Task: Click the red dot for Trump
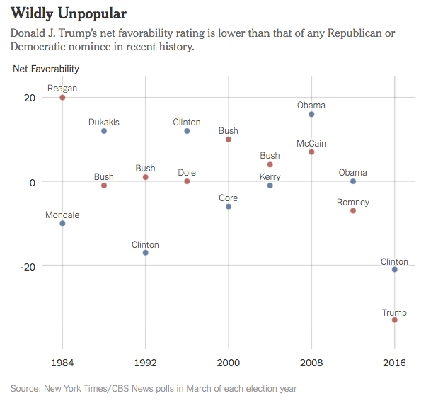(x=394, y=320)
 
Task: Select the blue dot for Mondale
(x=62, y=223)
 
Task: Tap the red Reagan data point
(x=62, y=97)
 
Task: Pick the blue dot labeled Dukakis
(x=104, y=131)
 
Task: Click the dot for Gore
(x=228, y=206)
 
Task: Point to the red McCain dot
(x=311, y=152)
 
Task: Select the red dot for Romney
(x=353, y=210)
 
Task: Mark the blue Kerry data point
(x=270, y=186)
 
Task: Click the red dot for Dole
(x=187, y=181)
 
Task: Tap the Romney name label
(x=353, y=203)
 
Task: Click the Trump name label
(x=394, y=312)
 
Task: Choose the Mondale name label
(x=62, y=215)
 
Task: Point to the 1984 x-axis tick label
(x=62, y=363)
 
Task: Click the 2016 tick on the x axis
(x=394, y=363)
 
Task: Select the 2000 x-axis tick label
(x=228, y=363)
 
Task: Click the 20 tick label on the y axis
(x=29, y=98)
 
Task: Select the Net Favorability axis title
(x=46, y=69)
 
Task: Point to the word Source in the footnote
(x=26, y=388)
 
